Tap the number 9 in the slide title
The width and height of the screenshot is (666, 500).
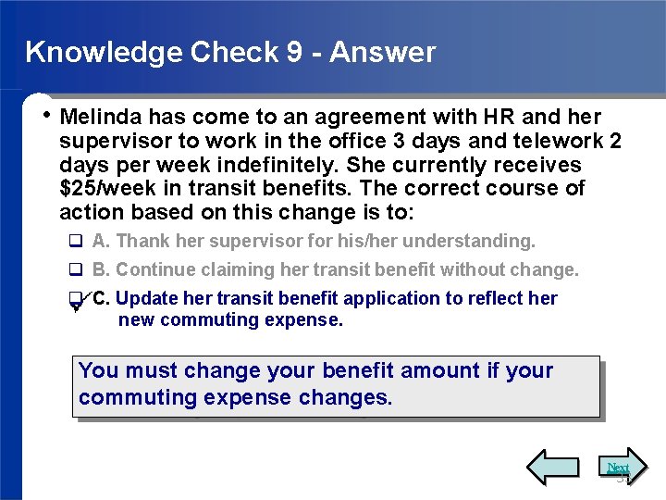(x=293, y=52)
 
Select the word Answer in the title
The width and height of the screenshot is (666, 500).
(x=382, y=52)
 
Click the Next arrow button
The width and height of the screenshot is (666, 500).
(x=617, y=468)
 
